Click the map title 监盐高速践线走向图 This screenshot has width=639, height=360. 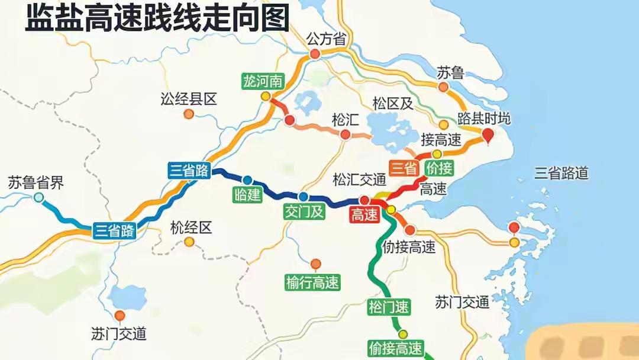click(157, 18)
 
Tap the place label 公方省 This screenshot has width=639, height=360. click(325, 39)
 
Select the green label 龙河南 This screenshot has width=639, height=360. click(262, 81)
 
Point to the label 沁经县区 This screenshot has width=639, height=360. click(189, 99)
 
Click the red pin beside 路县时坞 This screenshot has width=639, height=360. click(488, 137)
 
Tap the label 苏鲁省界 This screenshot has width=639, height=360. click(35, 182)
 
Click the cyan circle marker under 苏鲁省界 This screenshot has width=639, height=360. click(38, 198)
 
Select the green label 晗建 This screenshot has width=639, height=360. click(247, 195)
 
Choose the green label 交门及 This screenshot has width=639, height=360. click(304, 211)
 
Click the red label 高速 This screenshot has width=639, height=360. click(364, 216)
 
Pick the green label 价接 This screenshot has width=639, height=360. click(438, 169)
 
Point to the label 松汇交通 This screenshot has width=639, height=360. click(359, 179)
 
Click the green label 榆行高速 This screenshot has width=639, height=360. click(312, 283)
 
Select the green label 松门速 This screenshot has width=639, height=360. click(388, 307)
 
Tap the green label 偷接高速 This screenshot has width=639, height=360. click(395, 348)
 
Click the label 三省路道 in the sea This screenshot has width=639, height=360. click(561, 173)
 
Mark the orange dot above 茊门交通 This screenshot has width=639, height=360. click(120, 316)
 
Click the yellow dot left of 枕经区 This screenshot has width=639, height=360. click(189, 242)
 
